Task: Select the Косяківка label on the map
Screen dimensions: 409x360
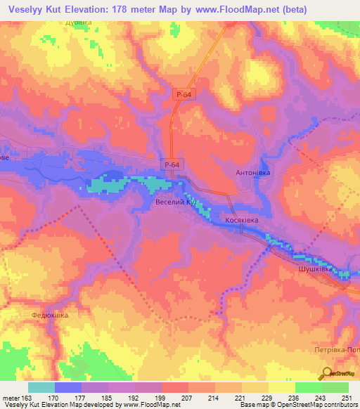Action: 247,220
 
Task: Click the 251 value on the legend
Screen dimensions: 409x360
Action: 347,398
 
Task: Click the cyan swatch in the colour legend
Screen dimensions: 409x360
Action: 41,387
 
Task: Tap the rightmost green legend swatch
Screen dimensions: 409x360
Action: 335,387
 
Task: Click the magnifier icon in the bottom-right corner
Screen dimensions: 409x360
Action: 327,373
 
